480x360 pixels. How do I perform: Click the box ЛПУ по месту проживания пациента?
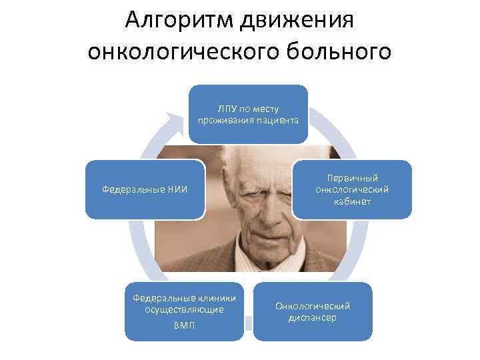[248, 114]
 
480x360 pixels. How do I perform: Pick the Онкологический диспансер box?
[313, 311]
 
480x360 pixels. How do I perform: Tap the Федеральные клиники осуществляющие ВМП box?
[185, 311]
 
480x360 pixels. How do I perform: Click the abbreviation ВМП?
[185, 326]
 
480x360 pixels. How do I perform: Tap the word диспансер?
[313, 318]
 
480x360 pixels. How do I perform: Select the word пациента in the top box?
[275, 120]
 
